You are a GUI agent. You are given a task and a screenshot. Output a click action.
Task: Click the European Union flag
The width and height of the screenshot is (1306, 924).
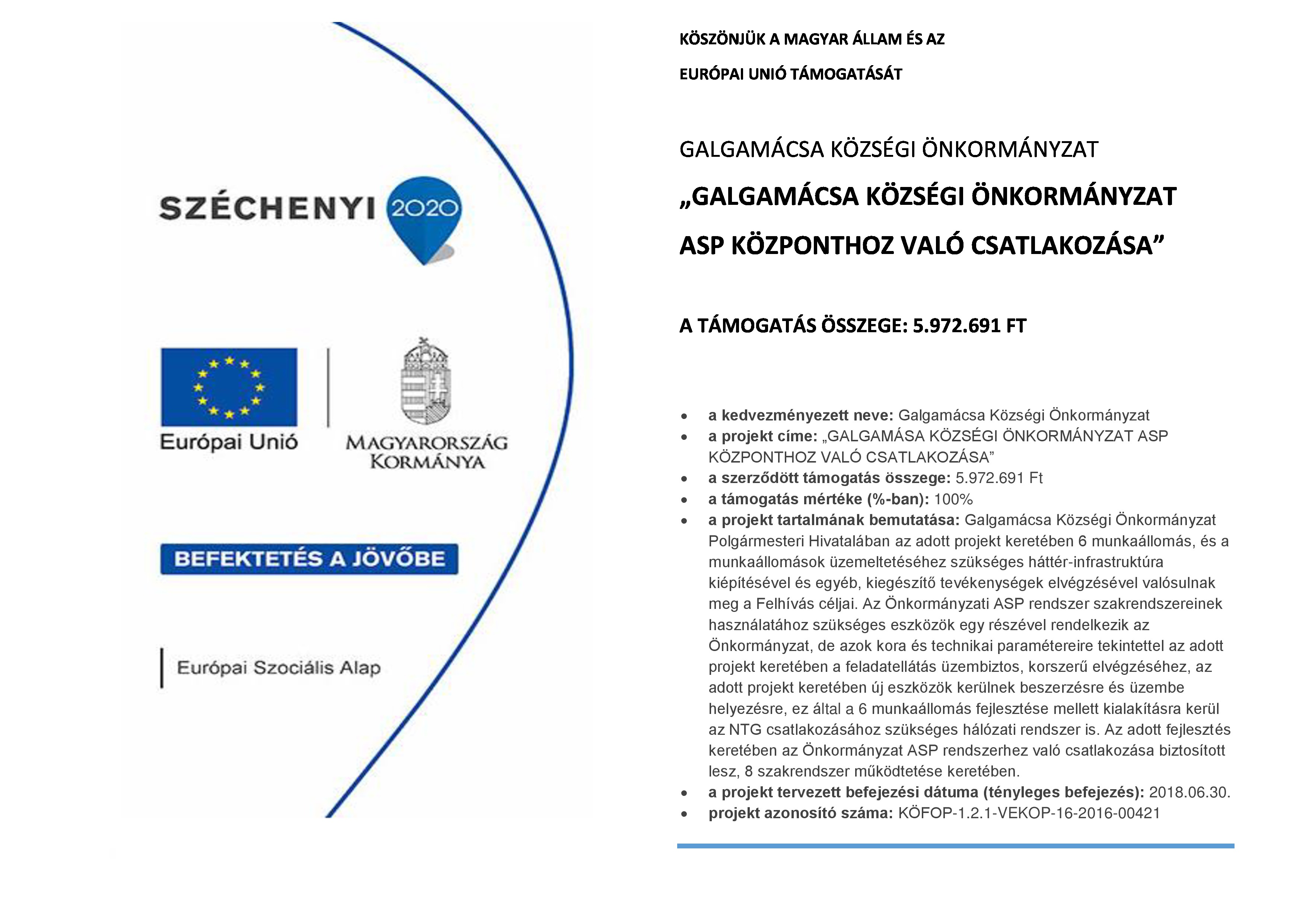[x=229, y=387]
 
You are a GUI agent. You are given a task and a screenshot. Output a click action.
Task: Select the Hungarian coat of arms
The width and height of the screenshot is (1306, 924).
[x=426, y=381]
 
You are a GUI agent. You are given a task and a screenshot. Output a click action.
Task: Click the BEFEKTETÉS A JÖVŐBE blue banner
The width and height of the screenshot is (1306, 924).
[x=309, y=559]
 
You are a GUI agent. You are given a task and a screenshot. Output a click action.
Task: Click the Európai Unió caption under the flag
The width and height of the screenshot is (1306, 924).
[x=229, y=442]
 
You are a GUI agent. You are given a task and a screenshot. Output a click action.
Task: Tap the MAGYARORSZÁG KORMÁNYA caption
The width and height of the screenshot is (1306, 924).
[x=427, y=453]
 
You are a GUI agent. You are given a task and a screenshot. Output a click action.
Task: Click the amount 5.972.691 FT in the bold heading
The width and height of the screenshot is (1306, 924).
[x=969, y=326]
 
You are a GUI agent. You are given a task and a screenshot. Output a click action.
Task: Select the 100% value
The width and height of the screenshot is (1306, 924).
[x=953, y=499]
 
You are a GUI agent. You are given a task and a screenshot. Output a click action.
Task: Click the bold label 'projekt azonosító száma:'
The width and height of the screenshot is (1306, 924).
[x=801, y=814]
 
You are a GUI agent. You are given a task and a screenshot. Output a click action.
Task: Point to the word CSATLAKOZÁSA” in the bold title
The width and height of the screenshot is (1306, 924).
[x=1067, y=246]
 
